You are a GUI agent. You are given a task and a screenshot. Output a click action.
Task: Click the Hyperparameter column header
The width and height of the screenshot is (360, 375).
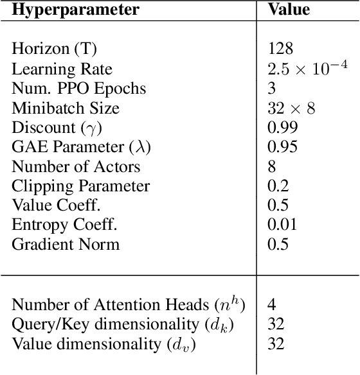[x=71, y=10]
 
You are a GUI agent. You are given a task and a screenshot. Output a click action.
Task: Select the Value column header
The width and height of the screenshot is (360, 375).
[x=289, y=10]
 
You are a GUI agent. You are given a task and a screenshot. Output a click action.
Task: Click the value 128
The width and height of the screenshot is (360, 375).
[x=280, y=49]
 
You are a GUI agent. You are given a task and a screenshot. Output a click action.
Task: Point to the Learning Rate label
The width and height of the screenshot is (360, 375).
[x=62, y=68]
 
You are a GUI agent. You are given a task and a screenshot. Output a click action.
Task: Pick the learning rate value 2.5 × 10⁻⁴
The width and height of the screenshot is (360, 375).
[x=307, y=68]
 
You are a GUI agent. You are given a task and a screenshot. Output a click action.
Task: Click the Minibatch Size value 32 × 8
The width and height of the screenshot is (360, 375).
[x=291, y=108]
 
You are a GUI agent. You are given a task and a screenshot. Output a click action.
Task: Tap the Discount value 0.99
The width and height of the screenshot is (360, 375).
[x=282, y=128]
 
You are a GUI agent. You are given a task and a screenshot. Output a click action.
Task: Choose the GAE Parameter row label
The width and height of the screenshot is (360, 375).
[x=81, y=147]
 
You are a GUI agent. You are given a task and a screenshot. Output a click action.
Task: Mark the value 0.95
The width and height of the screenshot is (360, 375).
[x=282, y=147]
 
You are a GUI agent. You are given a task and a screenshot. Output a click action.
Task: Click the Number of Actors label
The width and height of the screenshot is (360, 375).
[x=76, y=167]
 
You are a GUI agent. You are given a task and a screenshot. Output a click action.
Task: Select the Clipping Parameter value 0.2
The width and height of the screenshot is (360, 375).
[x=278, y=187]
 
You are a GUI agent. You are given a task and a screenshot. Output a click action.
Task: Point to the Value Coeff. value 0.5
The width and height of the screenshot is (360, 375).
[x=278, y=206]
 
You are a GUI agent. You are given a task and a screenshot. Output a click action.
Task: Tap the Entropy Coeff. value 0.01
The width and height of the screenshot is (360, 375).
[x=282, y=225]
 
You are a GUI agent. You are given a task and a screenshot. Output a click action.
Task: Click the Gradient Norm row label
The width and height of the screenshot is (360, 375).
[x=66, y=245]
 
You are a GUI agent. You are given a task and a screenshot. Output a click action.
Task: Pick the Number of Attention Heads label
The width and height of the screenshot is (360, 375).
[x=129, y=305]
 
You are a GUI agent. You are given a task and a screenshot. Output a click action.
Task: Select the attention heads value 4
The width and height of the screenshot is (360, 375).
[x=272, y=305]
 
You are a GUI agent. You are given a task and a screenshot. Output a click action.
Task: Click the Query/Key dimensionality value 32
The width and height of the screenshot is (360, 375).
[x=276, y=325]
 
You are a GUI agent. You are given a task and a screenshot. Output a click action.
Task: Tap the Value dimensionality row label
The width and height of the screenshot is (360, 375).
[x=104, y=345]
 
